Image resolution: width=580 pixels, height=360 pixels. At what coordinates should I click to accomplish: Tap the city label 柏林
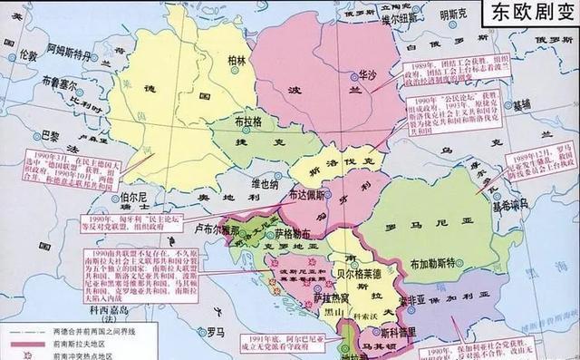tap(238, 60)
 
